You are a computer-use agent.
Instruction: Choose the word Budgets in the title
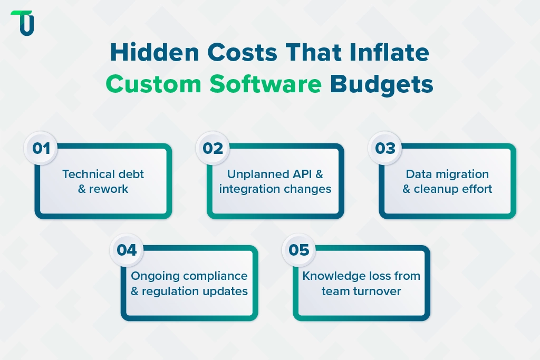tap(381, 84)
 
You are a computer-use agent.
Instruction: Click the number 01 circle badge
tap(41, 148)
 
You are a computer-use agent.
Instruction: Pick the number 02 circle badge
tap(213, 148)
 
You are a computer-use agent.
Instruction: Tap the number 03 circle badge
tap(385, 148)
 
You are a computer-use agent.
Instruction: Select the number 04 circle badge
tap(127, 249)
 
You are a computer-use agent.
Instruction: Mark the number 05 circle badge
tap(299, 249)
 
